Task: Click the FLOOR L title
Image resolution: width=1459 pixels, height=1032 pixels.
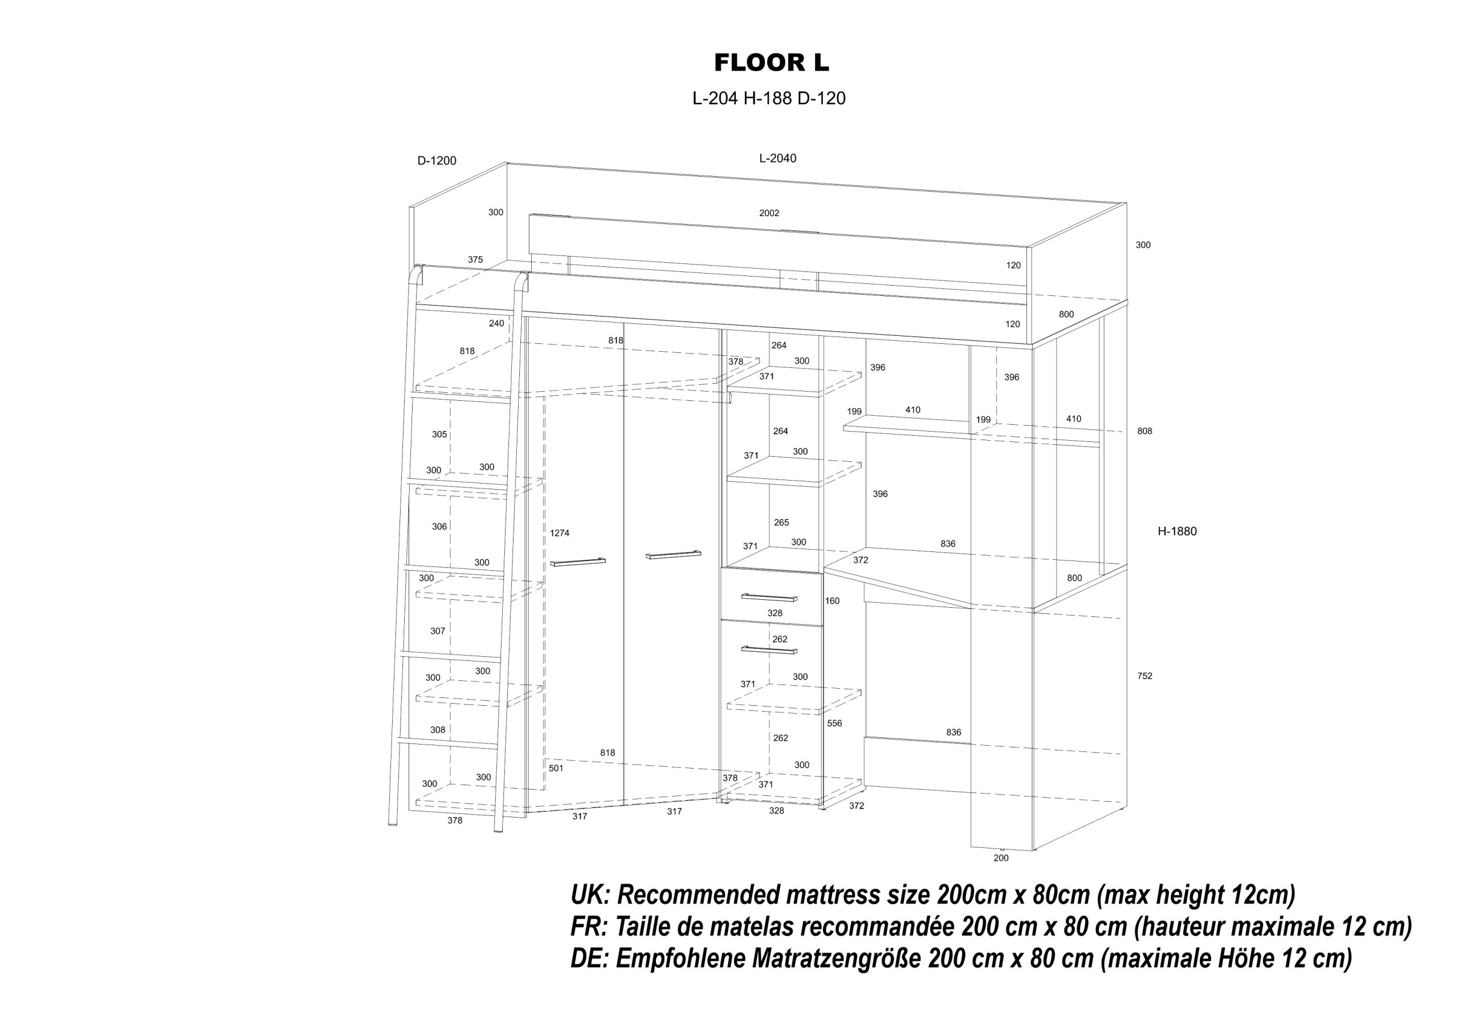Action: coord(772,63)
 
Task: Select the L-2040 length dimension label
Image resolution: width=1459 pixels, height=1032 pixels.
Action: coord(777,159)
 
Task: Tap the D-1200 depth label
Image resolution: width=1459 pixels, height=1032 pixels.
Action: coord(437,161)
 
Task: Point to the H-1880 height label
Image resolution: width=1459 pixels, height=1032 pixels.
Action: coord(1177,531)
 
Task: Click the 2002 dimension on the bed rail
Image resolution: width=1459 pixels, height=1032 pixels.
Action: coord(769,213)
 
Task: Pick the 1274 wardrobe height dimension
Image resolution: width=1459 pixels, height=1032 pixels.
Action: coord(559,533)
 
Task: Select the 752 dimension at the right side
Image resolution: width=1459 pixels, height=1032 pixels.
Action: coord(1144,676)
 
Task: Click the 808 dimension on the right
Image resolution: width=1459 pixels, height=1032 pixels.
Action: coord(1144,431)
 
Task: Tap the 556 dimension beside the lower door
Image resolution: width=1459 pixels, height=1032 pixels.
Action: coord(834,723)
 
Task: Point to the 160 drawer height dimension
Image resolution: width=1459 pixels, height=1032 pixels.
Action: coord(832,601)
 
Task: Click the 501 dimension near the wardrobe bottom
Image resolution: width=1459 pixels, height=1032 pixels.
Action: coord(556,768)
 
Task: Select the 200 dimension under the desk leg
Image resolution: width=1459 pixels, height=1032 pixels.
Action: coord(1001,858)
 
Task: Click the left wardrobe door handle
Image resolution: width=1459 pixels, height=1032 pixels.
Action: coord(578,562)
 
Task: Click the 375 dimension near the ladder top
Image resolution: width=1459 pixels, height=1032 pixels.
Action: coord(475,259)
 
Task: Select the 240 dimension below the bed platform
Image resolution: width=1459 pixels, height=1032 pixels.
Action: coord(496,323)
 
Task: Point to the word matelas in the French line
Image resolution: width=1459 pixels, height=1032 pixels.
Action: coord(759,927)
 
